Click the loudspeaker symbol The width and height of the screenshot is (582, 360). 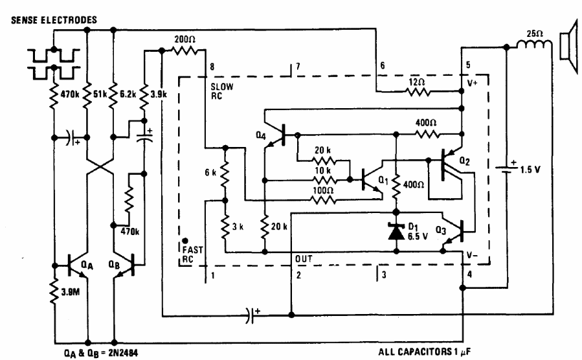[568, 45]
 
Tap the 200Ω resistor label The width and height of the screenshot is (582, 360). [186, 39]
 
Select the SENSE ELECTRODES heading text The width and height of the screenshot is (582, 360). [50, 20]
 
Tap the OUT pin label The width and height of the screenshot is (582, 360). [302, 259]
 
